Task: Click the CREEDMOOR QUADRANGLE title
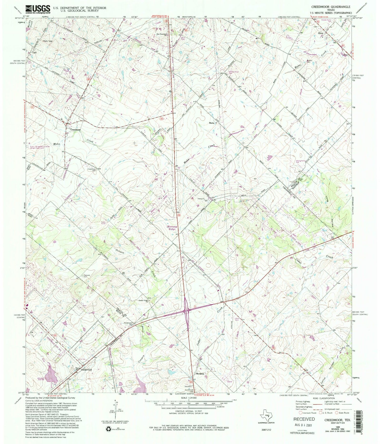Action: pyautogui.click(x=334, y=7)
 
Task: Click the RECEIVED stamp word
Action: pyautogui.click(x=302, y=419)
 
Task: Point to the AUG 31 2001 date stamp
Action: pyautogui.click(x=302, y=425)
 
